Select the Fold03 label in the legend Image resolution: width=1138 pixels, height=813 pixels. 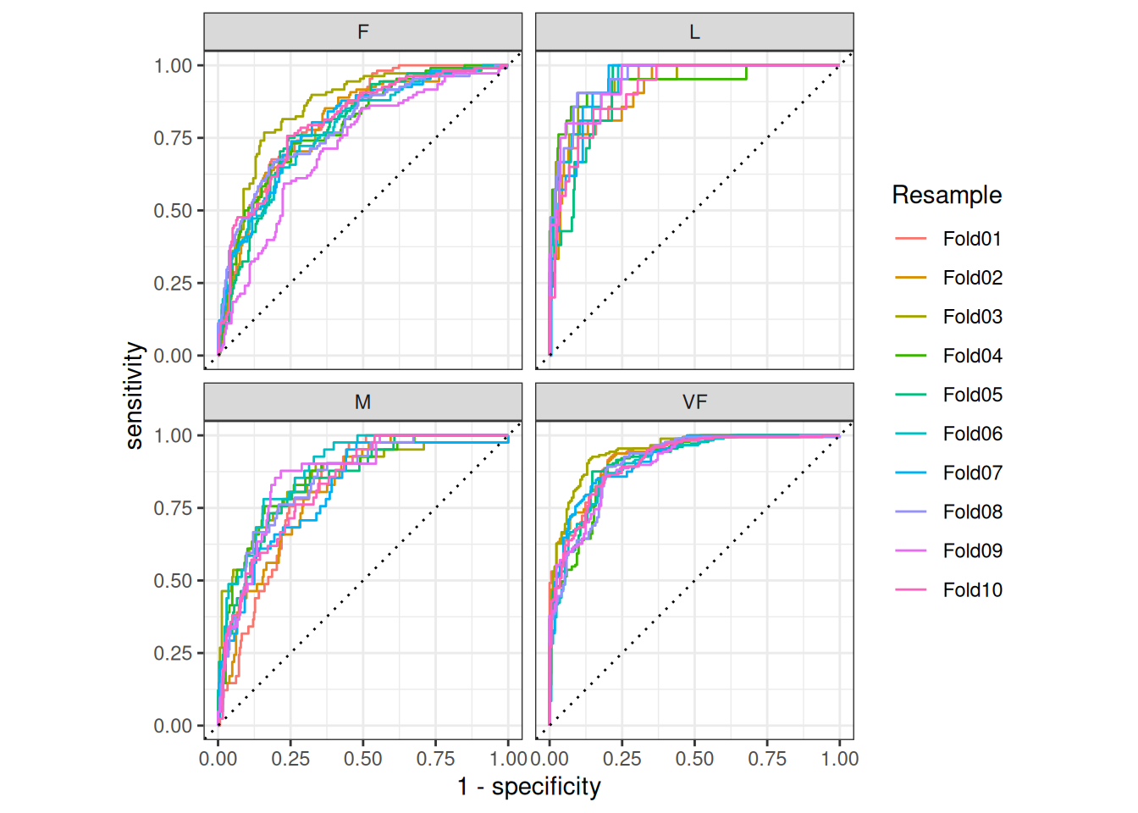coord(972,317)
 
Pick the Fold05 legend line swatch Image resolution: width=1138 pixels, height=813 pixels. coord(911,395)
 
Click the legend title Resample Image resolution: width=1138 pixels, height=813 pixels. coord(947,195)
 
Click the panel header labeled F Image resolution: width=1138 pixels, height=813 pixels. coord(362,32)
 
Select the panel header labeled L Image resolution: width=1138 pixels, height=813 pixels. coord(694,32)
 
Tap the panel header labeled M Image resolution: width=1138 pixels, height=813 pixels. coord(362,402)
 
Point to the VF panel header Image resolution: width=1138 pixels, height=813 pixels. coord(694,402)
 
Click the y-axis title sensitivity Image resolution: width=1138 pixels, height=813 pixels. coord(134,395)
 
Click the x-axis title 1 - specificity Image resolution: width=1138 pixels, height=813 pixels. coord(529,787)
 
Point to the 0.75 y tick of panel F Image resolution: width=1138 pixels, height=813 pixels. coord(173,138)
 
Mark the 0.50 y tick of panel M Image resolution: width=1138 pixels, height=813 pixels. coord(173,581)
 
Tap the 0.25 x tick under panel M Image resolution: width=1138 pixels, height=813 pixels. coord(290,759)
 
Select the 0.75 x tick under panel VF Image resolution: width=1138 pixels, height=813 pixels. coord(767,759)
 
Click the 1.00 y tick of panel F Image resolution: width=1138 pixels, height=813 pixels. coord(173,65)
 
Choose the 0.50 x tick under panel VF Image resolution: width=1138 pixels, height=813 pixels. coord(694,759)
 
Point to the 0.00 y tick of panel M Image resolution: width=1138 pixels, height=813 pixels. coord(173,726)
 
